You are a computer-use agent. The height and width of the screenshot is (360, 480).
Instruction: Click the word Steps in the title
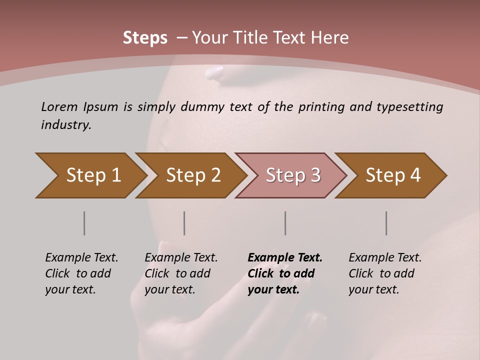click(x=145, y=38)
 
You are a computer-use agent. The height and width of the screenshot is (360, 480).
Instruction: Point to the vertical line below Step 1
click(x=84, y=223)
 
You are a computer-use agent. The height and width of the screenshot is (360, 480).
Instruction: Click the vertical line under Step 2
click(x=184, y=223)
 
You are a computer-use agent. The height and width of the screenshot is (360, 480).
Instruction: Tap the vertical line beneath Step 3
click(x=285, y=223)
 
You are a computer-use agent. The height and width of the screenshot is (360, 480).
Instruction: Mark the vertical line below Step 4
click(x=386, y=223)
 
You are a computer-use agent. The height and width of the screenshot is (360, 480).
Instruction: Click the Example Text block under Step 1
click(x=81, y=273)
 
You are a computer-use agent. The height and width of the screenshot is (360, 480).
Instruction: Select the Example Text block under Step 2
click(x=181, y=273)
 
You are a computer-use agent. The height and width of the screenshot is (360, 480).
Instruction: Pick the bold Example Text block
click(x=284, y=273)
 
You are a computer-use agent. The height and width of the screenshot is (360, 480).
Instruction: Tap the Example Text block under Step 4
click(x=384, y=273)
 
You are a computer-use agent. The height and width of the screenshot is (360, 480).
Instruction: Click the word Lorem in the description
click(x=59, y=107)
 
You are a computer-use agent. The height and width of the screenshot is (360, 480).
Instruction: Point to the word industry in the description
click(x=66, y=125)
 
